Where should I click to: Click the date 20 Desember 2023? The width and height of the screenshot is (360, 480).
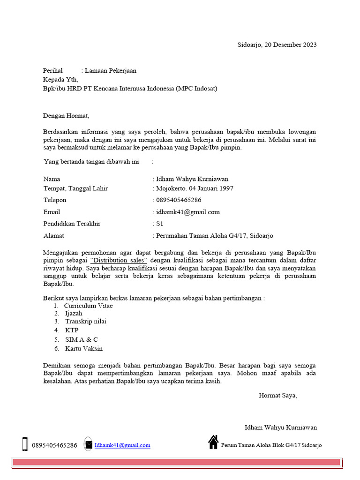pyautogui.click(x=291, y=45)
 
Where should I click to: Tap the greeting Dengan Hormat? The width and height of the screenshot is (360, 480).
pyautogui.click(x=66, y=115)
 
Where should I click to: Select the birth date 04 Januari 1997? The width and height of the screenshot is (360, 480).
pyautogui.click(x=212, y=188)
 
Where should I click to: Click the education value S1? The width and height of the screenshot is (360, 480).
pyautogui.click(x=159, y=224)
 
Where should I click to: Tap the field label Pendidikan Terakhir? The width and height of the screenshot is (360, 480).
pyautogui.click(x=72, y=224)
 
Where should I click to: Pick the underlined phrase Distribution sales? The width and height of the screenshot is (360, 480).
pyautogui.click(x=119, y=260)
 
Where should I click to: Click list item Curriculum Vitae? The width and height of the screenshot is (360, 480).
pyautogui.click(x=89, y=306)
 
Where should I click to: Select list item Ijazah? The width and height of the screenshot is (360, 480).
pyautogui.click(x=74, y=313)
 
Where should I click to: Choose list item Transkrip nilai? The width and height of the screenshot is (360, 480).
pyautogui.click(x=86, y=322)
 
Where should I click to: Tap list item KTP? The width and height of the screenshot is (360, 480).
pyautogui.click(x=72, y=330)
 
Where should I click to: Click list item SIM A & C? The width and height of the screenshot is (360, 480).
pyautogui.click(x=82, y=339)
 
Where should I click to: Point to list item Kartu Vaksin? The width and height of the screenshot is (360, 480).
pyautogui.click(x=84, y=348)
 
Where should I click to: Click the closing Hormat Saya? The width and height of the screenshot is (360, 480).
pyautogui.click(x=278, y=395)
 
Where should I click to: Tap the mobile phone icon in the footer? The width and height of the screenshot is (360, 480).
pyautogui.click(x=25, y=444)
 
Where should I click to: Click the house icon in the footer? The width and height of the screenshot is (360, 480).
pyautogui.click(x=213, y=442)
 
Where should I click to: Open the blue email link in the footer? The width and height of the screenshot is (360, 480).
pyautogui.click(x=122, y=445)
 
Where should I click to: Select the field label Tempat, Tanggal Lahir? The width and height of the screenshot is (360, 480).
pyautogui.click(x=75, y=188)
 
